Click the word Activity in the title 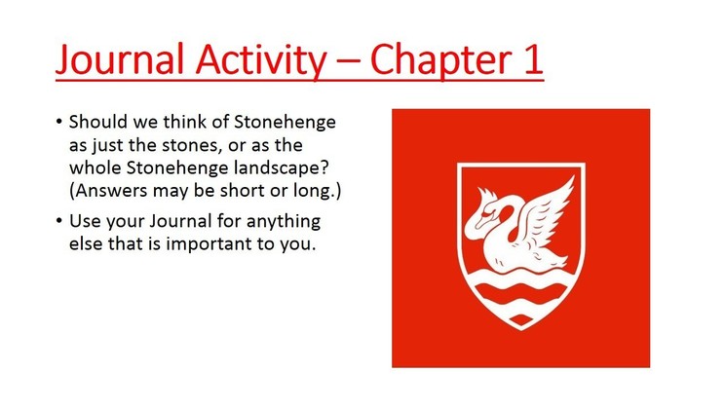(261, 60)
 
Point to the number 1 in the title (533, 59)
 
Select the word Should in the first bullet (98, 122)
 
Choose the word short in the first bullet (243, 191)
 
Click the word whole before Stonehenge (95, 167)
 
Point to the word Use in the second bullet (85, 221)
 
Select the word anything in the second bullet (284, 222)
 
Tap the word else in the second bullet (86, 243)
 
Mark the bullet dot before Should (58, 122)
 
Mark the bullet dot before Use (58, 221)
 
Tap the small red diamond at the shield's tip (521, 319)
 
